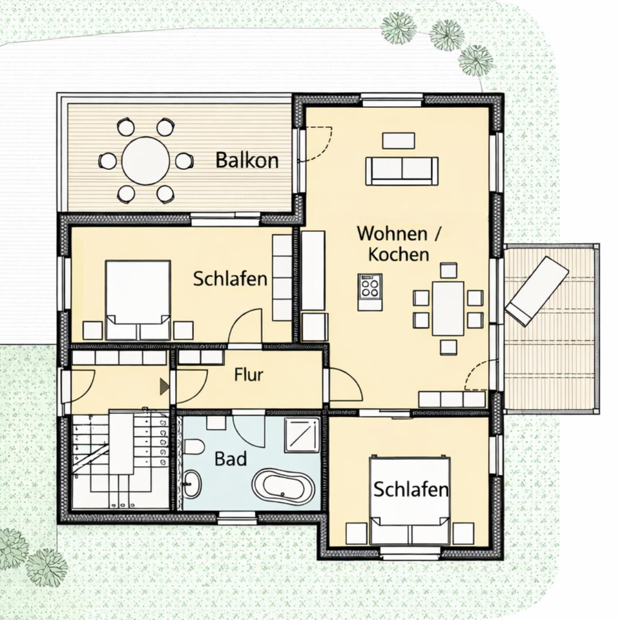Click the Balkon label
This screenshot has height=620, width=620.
(247, 160)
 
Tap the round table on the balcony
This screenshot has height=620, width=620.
(145, 161)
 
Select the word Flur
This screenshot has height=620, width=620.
(249, 375)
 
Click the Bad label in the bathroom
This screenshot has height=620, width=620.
(231, 459)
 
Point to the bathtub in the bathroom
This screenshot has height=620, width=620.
(283, 486)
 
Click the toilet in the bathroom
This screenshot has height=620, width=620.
(194, 448)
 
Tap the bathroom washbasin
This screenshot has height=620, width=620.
(192, 483)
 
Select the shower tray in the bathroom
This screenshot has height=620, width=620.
(302, 435)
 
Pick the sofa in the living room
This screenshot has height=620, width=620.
(402, 171)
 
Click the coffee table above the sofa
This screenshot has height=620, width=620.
(398, 141)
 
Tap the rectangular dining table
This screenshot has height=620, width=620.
(448, 308)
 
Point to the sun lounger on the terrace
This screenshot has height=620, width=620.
(537, 292)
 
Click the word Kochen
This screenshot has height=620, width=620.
(398, 254)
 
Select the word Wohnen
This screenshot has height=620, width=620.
(392, 233)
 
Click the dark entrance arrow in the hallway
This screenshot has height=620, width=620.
(165, 386)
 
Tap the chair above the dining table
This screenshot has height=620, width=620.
(448, 270)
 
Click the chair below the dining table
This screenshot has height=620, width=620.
(448, 347)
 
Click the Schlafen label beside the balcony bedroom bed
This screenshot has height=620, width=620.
(230, 279)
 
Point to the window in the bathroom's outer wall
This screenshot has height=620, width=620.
(237, 515)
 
